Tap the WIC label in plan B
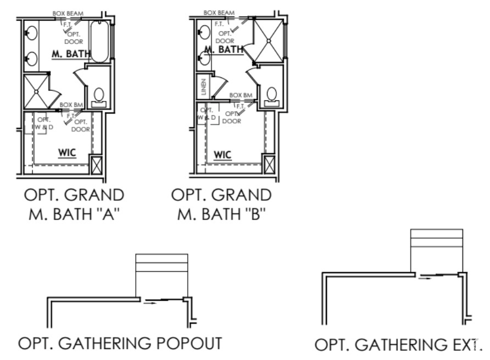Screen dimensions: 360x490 222,155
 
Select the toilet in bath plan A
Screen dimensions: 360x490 100,97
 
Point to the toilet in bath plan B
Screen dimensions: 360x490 271,95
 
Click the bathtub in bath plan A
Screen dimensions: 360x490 99,41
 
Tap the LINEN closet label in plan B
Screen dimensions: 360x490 203,87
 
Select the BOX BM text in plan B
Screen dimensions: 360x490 241,95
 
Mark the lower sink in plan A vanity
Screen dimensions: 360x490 30,58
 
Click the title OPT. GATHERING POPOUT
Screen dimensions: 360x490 120,344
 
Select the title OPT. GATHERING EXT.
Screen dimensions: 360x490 398,345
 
